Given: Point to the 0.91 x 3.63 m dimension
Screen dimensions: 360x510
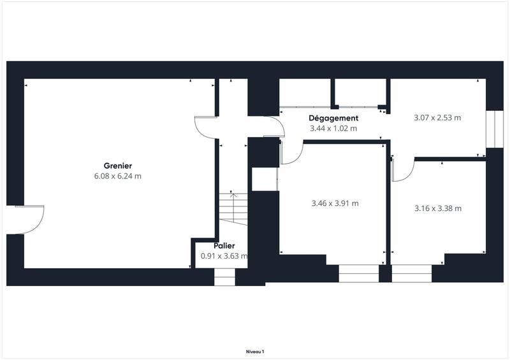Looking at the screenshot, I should pyautogui.click(x=224, y=256).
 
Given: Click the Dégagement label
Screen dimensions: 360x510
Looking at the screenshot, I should pyautogui.click(x=333, y=119).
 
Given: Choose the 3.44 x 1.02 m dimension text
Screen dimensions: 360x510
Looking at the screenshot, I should pyautogui.click(x=333, y=129).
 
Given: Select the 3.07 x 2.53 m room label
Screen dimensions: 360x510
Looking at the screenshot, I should pyautogui.click(x=437, y=118).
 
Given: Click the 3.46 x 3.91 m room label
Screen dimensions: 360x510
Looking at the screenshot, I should pyautogui.click(x=335, y=204).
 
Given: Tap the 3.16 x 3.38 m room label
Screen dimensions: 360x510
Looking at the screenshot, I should pyautogui.click(x=437, y=208).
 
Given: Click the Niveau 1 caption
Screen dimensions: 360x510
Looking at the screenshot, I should pyautogui.click(x=255, y=351).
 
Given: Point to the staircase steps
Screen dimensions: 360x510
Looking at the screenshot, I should pyautogui.click(x=233, y=208).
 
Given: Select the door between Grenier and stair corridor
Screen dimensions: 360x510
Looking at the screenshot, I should pyautogui.click(x=206, y=127).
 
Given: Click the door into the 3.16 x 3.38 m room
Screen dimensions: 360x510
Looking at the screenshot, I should pyautogui.click(x=402, y=169).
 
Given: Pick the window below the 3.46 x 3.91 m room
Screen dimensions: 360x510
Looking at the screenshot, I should pyautogui.click(x=358, y=273).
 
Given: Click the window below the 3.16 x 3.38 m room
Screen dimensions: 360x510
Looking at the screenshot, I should pyautogui.click(x=412, y=273).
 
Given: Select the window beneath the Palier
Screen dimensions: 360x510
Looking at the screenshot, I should pyautogui.click(x=224, y=277).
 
